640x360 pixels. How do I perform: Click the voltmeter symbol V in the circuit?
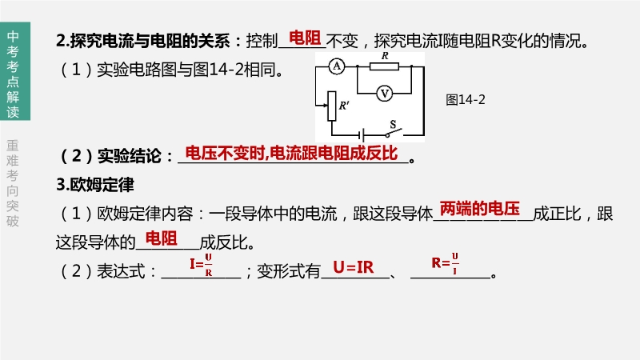[385, 93]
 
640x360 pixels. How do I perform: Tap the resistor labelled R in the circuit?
[385, 68]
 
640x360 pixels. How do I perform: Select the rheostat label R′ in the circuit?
[344, 105]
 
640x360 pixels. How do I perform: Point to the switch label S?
[393, 124]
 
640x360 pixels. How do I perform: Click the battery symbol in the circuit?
[364, 135]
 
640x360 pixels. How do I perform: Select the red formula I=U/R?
[201, 263]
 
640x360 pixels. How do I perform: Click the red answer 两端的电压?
[480, 210]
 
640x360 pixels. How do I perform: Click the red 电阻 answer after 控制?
[304, 38]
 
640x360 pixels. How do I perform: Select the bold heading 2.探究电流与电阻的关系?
[147, 41]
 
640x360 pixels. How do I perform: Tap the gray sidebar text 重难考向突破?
[12, 183]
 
